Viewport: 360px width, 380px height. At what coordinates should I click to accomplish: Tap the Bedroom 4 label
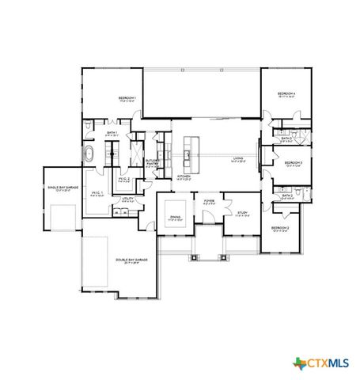(x=286, y=95)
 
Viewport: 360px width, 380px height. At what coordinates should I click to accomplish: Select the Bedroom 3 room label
(x=294, y=165)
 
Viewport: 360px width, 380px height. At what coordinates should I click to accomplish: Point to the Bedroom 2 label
(x=280, y=230)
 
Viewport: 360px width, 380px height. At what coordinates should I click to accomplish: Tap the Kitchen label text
(x=184, y=177)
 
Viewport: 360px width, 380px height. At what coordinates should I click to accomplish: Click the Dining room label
(x=175, y=219)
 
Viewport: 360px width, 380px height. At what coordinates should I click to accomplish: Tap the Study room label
(x=242, y=215)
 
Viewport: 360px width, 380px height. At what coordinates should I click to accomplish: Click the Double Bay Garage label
(x=131, y=261)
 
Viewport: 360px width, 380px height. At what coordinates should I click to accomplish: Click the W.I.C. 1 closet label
(x=98, y=194)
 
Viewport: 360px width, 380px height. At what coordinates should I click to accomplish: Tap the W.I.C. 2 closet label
(x=124, y=180)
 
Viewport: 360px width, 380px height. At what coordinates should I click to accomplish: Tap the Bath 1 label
(x=112, y=134)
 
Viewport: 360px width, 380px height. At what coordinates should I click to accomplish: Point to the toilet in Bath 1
(x=87, y=127)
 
